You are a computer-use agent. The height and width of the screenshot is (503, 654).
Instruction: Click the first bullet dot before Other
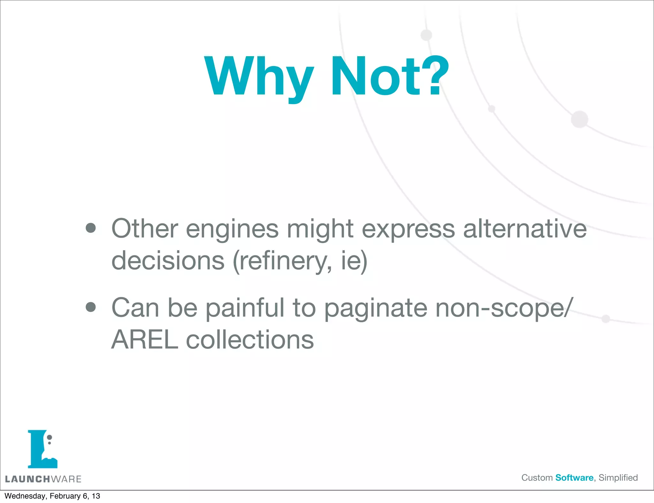coord(91,228)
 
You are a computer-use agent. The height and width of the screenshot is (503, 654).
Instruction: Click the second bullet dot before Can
coord(91,307)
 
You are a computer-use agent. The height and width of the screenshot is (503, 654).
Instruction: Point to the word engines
coord(232,229)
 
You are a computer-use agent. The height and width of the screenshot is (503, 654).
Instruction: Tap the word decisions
coord(168,260)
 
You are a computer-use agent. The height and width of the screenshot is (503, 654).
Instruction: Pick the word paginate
coord(376,308)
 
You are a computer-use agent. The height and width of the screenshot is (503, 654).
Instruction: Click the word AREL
coord(145,340)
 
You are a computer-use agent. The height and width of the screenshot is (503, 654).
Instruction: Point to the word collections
coord(250,340)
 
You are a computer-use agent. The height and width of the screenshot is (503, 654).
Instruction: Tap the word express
coord(408,229)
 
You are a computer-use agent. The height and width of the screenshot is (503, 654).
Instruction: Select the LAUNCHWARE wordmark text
coord(43,479)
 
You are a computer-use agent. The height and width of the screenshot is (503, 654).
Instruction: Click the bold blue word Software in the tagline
coord(574,478)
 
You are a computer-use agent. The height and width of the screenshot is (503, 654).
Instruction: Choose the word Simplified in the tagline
coord(618,478)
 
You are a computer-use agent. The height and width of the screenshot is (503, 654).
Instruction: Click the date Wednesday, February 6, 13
coord(52,496)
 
